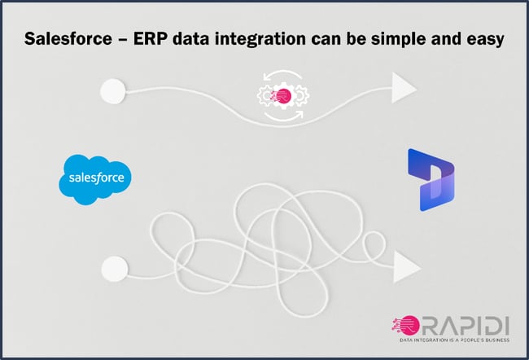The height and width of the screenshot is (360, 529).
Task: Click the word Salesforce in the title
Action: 68,38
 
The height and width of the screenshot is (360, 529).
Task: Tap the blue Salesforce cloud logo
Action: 95,179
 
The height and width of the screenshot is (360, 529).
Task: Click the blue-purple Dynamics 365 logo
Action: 431,180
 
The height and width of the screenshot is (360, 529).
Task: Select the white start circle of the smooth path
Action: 113,91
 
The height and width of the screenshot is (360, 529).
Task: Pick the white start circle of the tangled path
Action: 115,269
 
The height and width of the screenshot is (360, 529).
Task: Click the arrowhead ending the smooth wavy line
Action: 404,87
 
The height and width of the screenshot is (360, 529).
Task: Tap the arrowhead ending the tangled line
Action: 407,267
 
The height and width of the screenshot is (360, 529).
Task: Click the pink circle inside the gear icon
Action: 283,96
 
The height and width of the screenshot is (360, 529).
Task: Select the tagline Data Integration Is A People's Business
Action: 454,340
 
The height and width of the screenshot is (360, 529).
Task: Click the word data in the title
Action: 190,38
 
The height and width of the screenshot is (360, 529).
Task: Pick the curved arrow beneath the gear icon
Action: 283,118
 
